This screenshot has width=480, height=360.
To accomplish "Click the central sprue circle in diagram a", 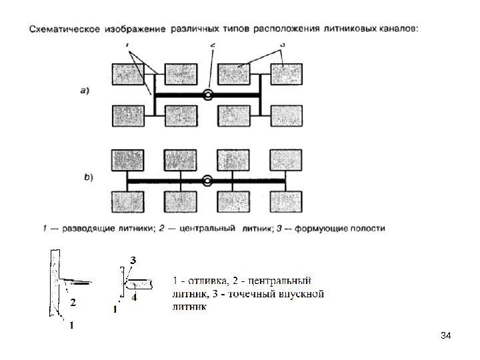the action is coord(209,95).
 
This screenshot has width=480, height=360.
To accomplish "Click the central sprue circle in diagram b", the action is coord(207,180).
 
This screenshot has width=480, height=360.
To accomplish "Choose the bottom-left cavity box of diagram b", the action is coord(127,201).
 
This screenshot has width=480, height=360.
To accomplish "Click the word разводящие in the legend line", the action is coord(88,228).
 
